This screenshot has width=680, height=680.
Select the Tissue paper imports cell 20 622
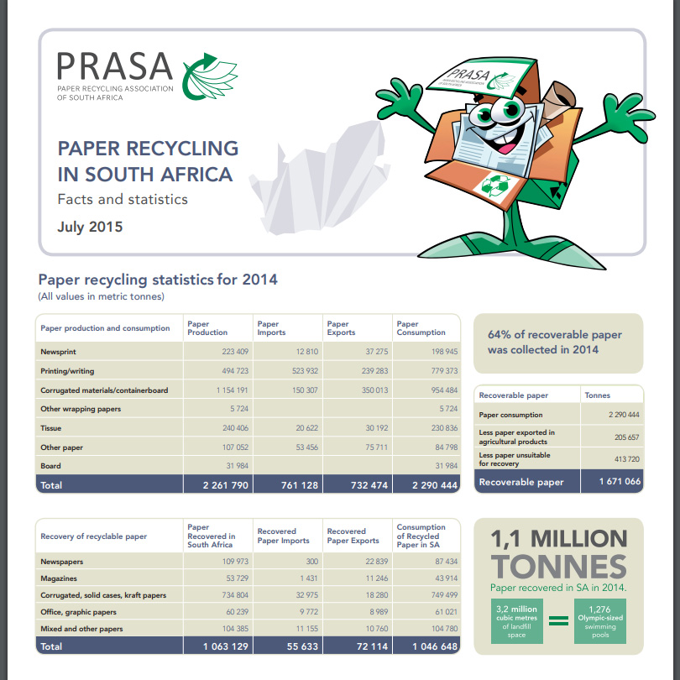click(x=303, y=428)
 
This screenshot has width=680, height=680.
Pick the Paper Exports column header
click(x=338, y=328)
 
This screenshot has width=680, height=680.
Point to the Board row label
click(x=50, y=465)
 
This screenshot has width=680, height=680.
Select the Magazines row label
click(x=58, y=578)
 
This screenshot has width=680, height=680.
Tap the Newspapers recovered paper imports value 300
click(x=312, y=561)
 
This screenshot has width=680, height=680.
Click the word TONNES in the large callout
click(x=558, y=566)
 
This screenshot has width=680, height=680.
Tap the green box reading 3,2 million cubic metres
click(x=517, y=620)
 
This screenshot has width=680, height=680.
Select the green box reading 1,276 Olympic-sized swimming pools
click(x=599, y=620)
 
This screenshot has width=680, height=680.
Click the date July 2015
click(x=90, y=227)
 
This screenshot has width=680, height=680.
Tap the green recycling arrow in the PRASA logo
click(x=209, y=76)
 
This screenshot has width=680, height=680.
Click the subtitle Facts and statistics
click(x=123, y=200)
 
